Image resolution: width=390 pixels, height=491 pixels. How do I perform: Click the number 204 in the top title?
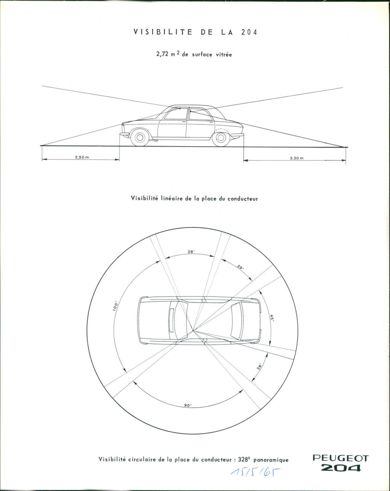(249, 32)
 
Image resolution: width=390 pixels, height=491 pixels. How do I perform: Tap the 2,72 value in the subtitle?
(162, 54)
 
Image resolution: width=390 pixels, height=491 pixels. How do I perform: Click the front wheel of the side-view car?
(140, 137)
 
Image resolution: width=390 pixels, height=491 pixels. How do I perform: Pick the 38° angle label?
(191, 252)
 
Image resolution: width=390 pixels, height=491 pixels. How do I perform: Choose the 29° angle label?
(240, 267)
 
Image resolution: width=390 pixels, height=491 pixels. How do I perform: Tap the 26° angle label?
(259, 367)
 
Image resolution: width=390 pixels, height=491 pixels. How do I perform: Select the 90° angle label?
(188, 405)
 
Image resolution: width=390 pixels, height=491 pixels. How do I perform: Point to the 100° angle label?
(116, 306)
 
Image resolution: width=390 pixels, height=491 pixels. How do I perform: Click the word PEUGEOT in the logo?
(340, 458)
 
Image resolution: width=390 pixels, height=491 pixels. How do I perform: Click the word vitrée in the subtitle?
(224, 54)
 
